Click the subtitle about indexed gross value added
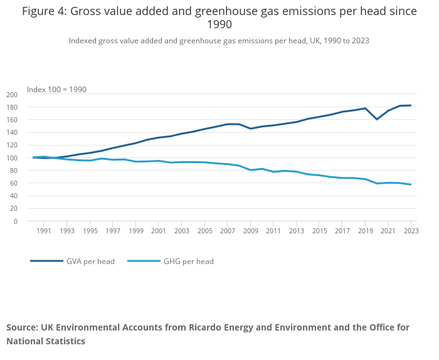[219, 41]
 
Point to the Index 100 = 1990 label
[56, 90]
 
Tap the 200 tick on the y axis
[11, 95]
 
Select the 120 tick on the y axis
[11, 146]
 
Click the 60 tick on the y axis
[13, 183]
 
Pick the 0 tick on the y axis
[16, 221]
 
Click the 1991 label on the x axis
[44, 231]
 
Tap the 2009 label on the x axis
[250, 231]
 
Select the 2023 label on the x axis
[411, 231]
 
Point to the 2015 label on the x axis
[319, 231]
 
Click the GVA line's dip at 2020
[377, 119]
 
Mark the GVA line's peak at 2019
[365, 109]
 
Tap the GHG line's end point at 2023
[411, 184]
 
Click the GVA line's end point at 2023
[411, 105]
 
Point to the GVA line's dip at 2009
[251, 129]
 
